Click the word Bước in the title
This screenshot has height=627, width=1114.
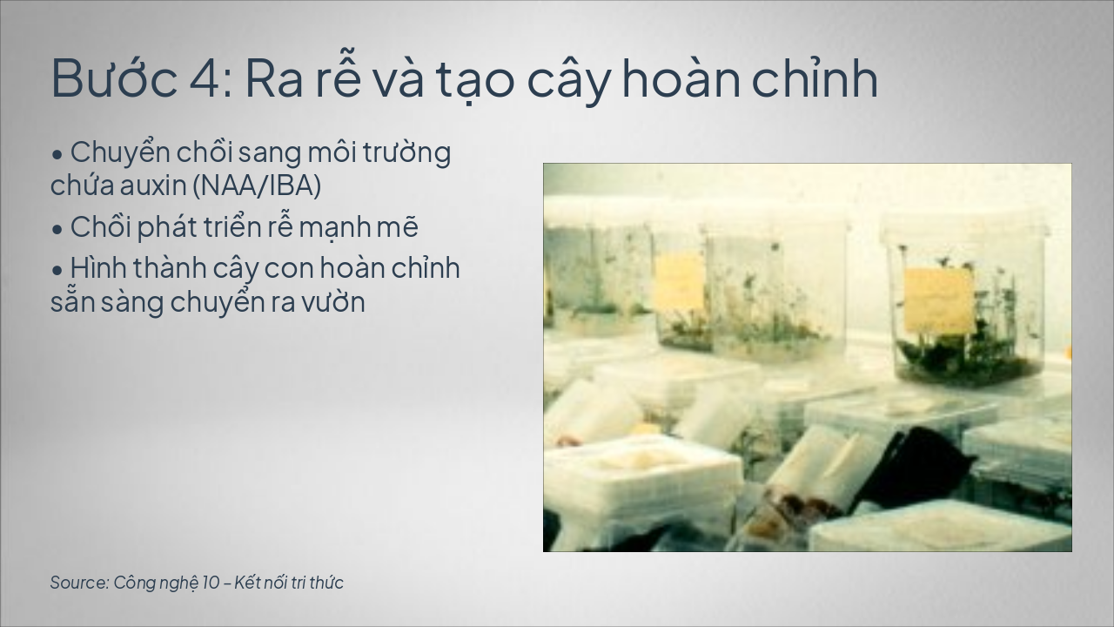click(114, 78)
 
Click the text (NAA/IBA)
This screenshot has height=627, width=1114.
click(257, 185)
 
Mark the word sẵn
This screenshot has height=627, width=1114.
click(72, 300)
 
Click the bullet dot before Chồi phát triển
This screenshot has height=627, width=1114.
click(57, 229)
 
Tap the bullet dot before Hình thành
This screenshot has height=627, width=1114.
click(57, 270)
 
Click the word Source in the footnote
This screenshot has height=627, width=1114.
click(79, 583)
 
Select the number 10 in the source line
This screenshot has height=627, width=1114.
click(211, 583)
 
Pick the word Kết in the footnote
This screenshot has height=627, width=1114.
click(245, 583)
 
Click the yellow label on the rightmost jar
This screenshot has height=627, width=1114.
click(938, 301)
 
